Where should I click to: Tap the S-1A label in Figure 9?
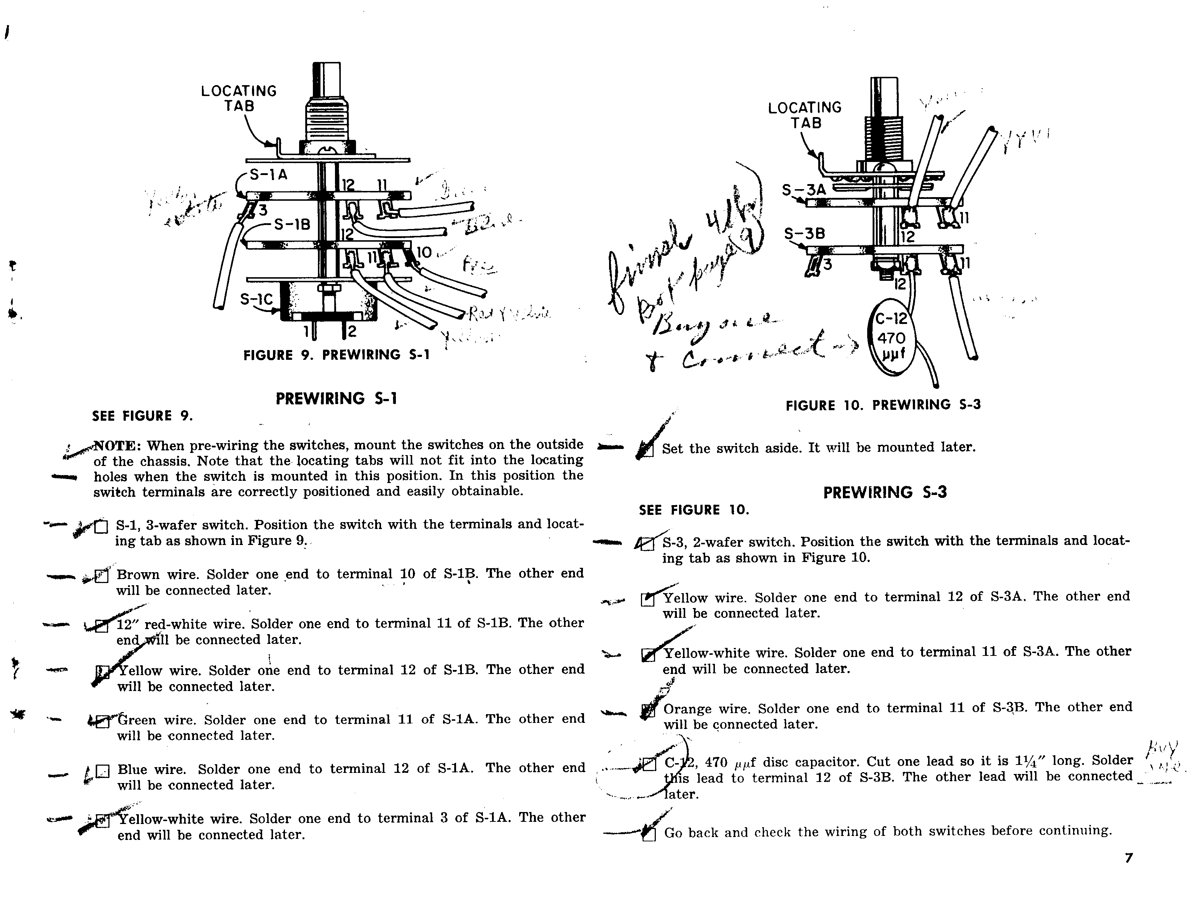coord(268,175)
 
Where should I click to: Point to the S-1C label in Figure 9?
coord(256,299)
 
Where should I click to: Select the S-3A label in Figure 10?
coord(803,190)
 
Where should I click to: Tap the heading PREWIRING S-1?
coord(336,399)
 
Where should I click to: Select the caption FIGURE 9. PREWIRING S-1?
coord(336,355)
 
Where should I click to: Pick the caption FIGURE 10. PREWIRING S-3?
coord(883,405)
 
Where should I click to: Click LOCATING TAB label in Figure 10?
coord(804,115)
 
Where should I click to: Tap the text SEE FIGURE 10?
coord(693,510)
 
